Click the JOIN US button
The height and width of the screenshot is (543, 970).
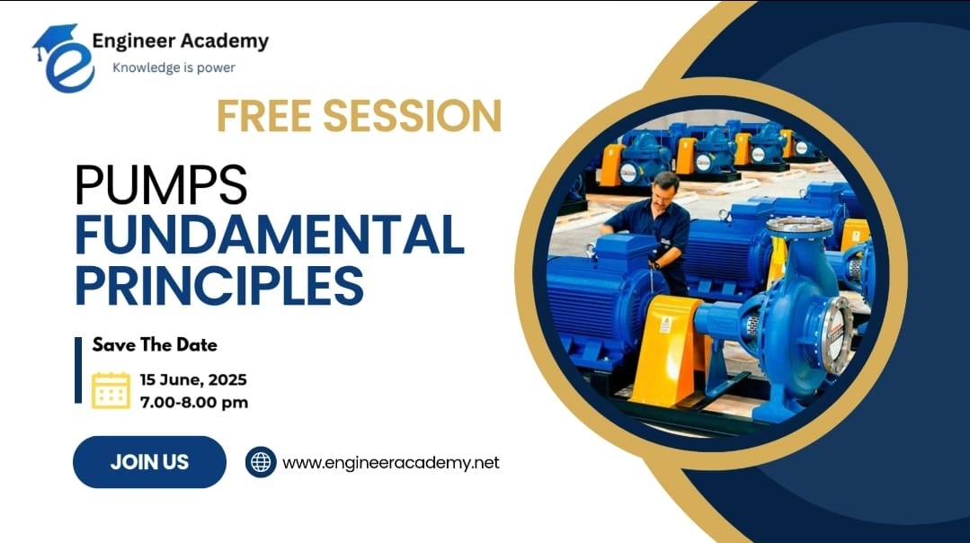149,462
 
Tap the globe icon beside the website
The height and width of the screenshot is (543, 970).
261,462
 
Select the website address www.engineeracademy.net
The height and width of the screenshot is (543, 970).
390,463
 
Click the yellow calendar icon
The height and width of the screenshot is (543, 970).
111,390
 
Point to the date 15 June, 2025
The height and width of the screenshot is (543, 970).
193,379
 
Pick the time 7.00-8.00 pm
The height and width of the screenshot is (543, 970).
193,402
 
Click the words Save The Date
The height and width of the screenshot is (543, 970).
155,344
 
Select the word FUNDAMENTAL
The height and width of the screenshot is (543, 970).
269,235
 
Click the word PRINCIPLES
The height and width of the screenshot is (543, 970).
219,284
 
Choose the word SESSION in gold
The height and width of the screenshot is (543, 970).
412,116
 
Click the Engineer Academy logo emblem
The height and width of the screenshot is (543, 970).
63,58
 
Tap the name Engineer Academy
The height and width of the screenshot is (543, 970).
181,40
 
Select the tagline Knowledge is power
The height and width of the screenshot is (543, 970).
174,67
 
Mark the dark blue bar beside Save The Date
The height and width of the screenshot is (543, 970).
78,369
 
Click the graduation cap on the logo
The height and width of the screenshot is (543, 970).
57,40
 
